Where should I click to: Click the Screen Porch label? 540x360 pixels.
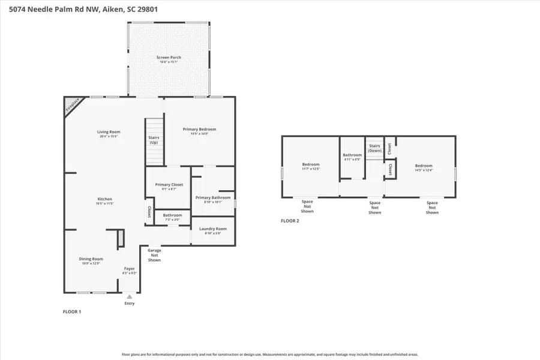[169, 58]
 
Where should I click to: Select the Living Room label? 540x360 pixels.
[109, 132]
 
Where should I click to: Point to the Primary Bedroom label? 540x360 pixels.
[199, 129]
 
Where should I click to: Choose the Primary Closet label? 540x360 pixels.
[169, 185]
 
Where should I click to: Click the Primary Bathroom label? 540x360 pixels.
[213, 197]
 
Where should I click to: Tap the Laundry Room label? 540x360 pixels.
[213, 229]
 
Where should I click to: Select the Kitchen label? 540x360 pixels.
[105, 199]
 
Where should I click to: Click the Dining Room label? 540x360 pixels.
[91, 259]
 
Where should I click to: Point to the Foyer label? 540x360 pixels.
[130, 268]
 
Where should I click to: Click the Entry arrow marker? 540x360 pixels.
[130, 296]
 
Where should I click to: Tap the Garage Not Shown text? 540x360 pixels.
[154, 255]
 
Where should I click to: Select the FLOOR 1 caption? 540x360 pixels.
[72, 312]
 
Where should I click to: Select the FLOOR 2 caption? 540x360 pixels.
[290, 221]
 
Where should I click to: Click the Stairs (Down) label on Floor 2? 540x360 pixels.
[374, 148]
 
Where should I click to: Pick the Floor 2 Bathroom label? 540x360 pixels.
[352, 155]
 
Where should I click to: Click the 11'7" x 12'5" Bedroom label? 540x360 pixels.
[311, 164]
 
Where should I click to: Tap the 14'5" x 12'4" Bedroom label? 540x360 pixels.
[424, 166]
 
